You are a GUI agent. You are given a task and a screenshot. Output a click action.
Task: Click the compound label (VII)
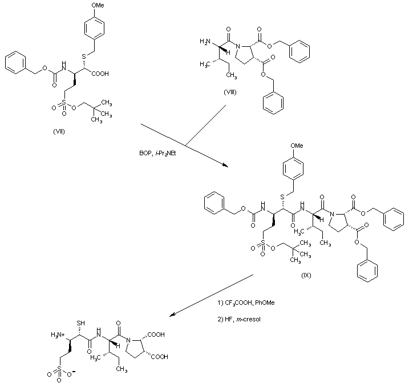[59, 131]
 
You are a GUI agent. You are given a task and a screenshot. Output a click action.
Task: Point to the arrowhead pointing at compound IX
[224, 166]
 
